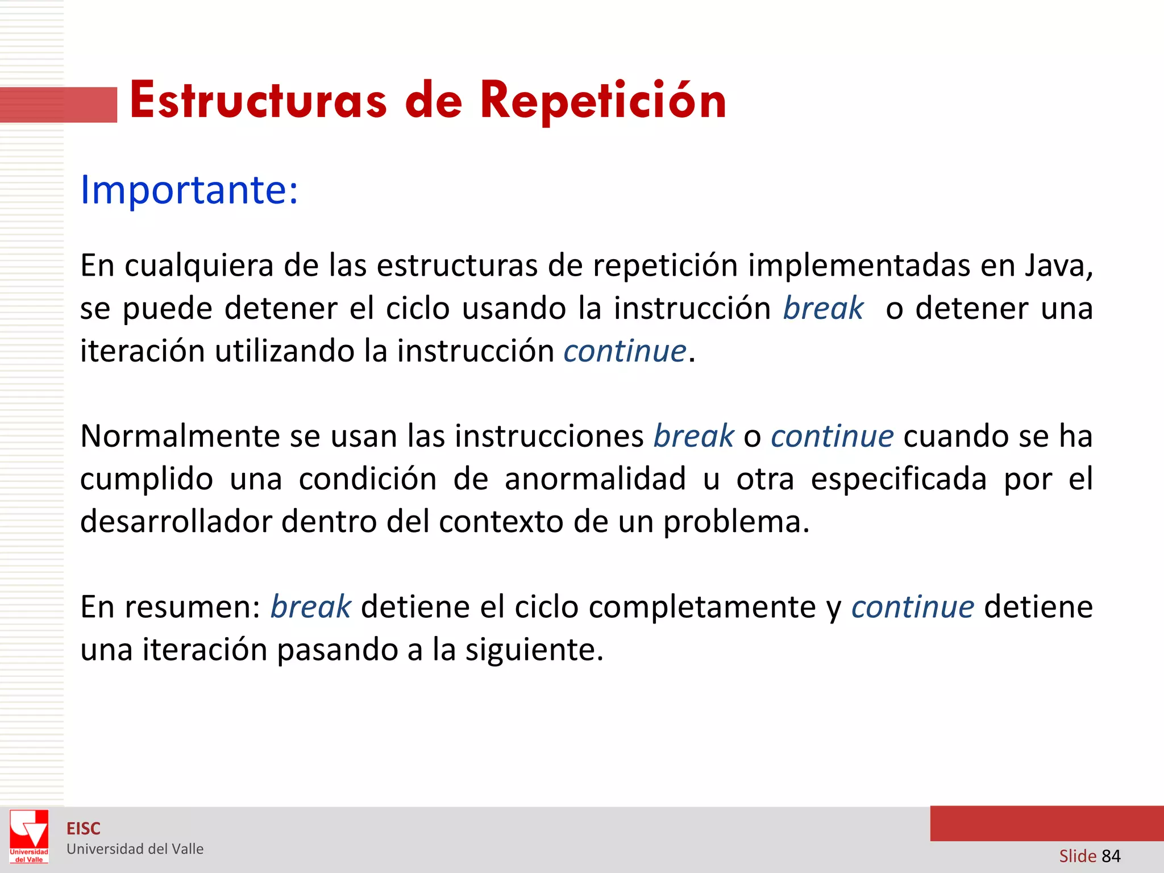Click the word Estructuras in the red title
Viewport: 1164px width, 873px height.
[x=259, y=101]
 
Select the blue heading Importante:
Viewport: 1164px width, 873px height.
[x=189, y=189]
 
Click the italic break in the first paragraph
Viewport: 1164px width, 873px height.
[x=823, y=309]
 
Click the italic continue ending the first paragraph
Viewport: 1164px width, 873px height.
[x=625, y=351]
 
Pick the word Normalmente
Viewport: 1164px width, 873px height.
[x=180, y=436]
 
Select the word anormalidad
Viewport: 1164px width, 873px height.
[x=595, y=479]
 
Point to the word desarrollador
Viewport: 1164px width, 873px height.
[x=176, y=521]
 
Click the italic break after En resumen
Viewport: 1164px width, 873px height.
[x=310, y=607]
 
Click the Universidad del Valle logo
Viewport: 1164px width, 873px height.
[x=29, y=836]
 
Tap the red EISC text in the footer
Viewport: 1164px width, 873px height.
[x=84, y=829]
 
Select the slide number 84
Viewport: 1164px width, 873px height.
[x=1111, y=856]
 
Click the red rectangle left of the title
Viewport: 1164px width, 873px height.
[x=58, y=105]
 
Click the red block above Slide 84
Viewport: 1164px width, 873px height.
[x=1046, y=824]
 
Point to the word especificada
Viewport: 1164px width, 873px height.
[x=898, y=479]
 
